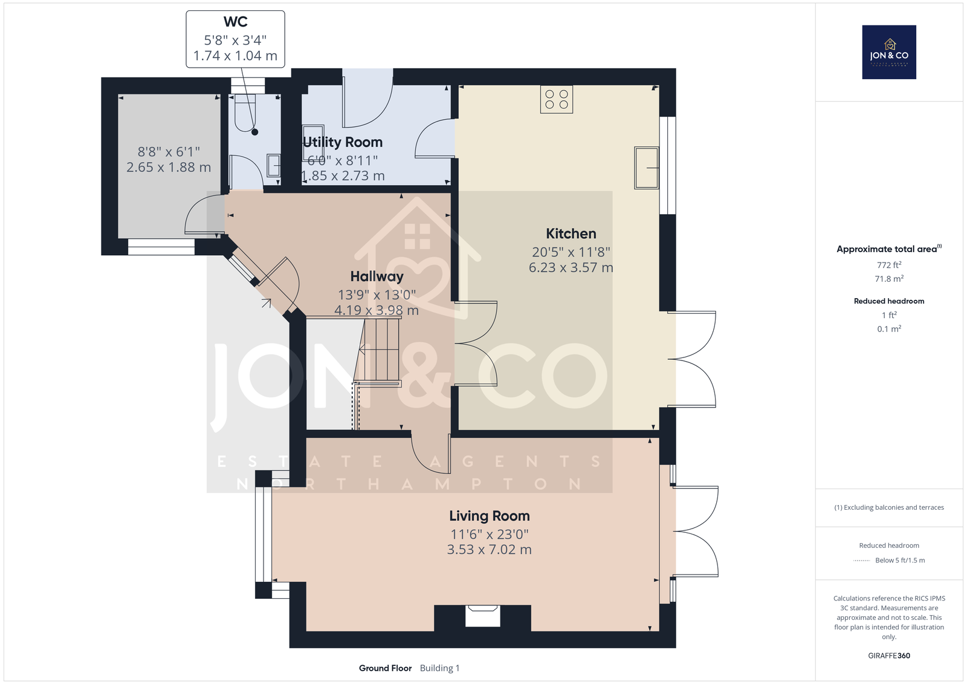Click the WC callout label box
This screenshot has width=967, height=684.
235,39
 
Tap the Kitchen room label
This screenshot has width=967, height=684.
571,234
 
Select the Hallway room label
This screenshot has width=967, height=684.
377,276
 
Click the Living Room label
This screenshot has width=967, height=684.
489,516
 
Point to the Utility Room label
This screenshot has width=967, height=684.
343,142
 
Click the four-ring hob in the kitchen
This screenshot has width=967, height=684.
557,99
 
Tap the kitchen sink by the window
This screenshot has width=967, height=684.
646,168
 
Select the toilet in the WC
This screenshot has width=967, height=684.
245,112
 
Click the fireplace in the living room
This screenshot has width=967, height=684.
483,616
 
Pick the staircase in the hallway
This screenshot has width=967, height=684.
377,350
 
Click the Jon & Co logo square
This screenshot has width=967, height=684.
889,52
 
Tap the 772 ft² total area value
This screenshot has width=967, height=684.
889,265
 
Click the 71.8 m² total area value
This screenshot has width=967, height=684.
889,279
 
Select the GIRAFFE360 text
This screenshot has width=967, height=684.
889,656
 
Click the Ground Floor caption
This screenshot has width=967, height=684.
385,668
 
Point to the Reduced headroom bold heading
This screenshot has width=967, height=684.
889,301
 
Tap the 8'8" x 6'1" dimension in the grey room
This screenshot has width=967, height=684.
169,152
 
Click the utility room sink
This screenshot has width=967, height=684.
313,138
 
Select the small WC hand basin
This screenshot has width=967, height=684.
273,166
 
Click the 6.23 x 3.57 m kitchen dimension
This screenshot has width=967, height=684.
571,267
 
